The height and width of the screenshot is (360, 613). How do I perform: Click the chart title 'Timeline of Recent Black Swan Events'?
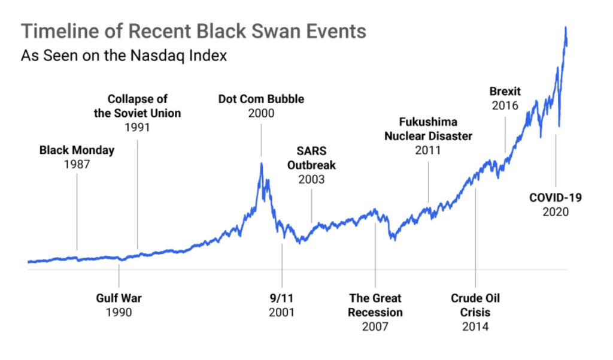(193, 32)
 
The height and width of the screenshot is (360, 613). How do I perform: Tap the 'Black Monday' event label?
(77, 150)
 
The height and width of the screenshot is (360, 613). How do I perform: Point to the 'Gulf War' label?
(119, 298)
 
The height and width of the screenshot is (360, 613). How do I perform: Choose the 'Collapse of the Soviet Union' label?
(138, 105)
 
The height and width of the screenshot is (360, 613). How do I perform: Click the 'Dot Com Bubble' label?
(261, 99)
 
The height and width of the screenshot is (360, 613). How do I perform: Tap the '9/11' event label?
(281, 298)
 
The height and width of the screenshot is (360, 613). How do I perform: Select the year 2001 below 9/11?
(281, 312)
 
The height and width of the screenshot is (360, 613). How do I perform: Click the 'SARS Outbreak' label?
(311, 158)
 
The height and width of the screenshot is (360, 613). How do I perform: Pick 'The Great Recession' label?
(375, 305)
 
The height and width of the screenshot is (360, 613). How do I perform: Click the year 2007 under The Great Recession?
(375, 326)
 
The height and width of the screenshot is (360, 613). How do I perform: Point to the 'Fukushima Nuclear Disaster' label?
(428, 129)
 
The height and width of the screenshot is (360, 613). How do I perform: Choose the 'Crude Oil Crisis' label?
(475, 305)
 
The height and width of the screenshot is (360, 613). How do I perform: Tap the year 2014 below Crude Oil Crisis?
(475, 326)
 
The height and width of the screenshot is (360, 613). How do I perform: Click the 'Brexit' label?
(505, 92)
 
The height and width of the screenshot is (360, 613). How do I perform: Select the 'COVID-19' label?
(556, 198)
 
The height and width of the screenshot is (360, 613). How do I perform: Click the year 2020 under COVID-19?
(556, 212)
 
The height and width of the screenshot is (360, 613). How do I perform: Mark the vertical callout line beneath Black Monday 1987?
(77, 210)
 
